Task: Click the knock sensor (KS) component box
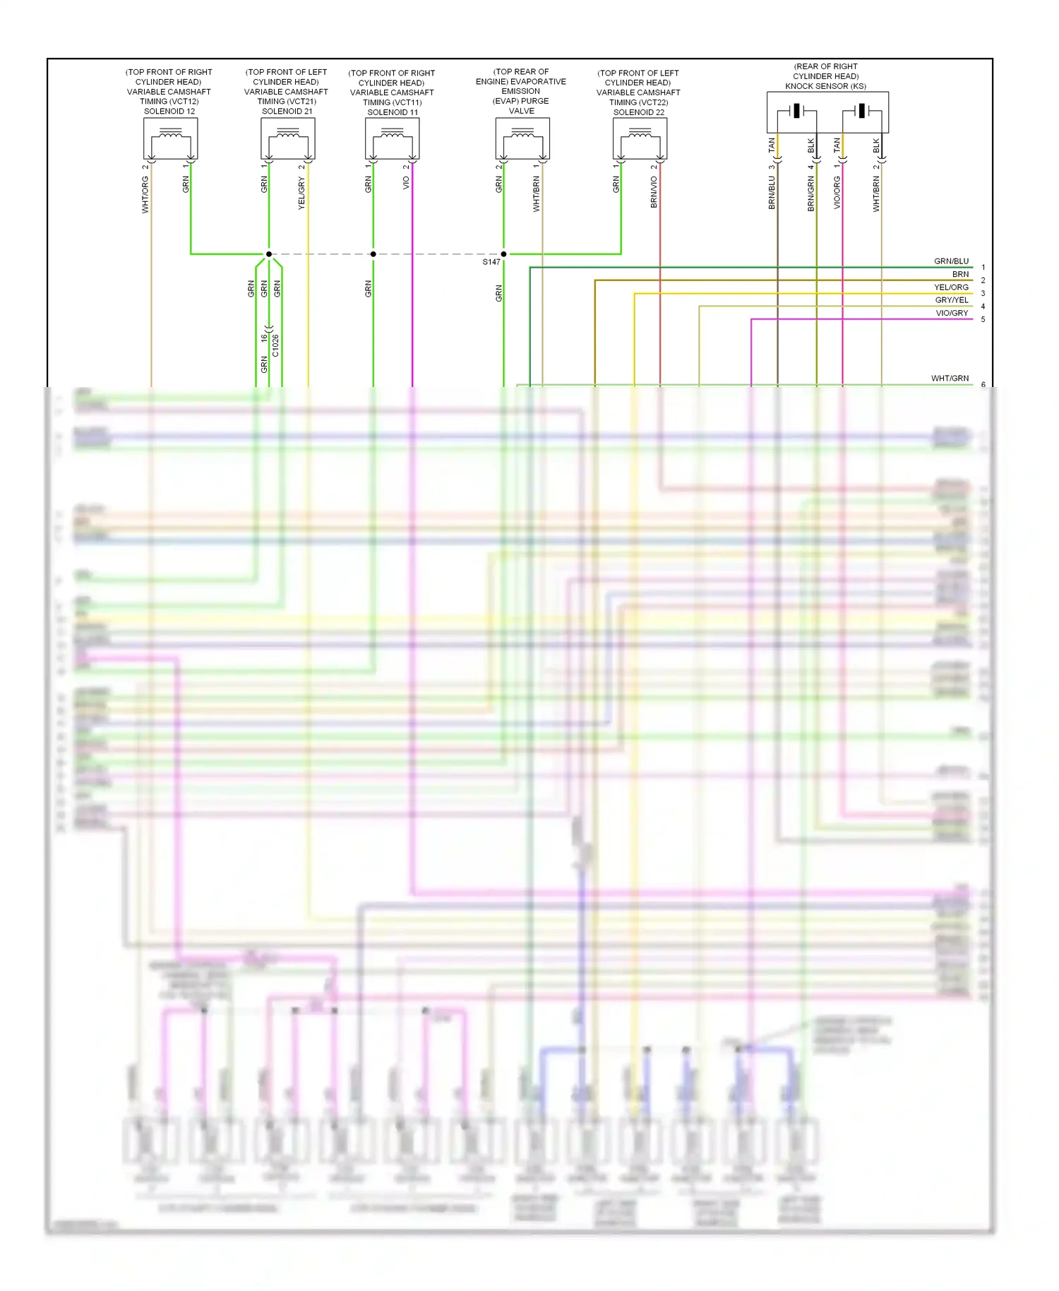[x=827, y=112]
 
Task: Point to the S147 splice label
[x=491, y=262]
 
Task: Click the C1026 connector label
[x=275, y=345]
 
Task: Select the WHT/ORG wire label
[x=145, y=195]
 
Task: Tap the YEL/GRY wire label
[x=302, y=194]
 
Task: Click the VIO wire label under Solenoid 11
[x=406, y=183]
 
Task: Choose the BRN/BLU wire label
[x=772, y=193]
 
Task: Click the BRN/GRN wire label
[x=810, y=194]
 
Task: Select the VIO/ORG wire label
[x=837, y=193]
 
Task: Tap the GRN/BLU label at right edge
[x=951, y=261]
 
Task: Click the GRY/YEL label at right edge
[x=952, y=300]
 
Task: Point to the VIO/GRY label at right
[x=952, y=313]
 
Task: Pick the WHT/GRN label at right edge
[x=950, y=379]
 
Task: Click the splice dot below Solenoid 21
[x=269, y=254]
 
